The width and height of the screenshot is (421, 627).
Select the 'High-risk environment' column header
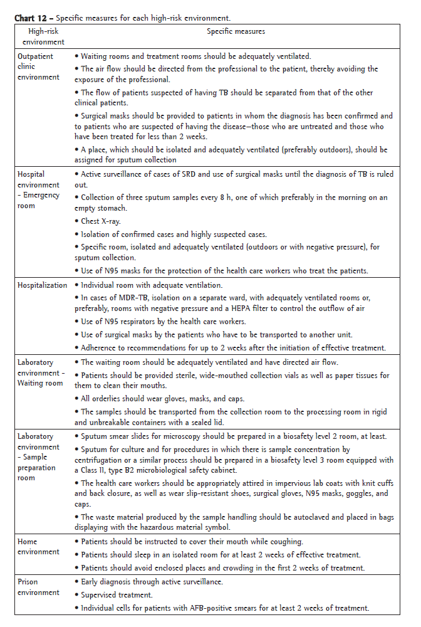[x=43, y=37]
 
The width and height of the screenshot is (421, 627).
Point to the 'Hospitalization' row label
[x=42, y=285]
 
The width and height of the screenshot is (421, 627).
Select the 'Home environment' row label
[x=38, y=547]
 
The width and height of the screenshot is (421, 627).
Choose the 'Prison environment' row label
[x=38, y=587]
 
